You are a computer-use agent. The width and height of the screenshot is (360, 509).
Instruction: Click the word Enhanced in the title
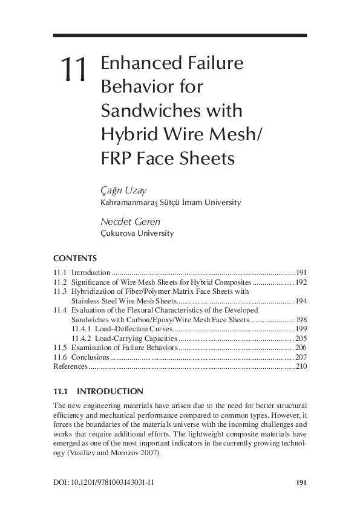[x=139, y=63]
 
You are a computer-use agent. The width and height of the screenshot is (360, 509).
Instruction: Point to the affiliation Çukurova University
[x=136, y=233]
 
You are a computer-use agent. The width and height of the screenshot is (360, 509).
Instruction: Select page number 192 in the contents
[x=301, y=282]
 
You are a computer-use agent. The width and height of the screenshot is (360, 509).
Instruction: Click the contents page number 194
[x=301, y=300]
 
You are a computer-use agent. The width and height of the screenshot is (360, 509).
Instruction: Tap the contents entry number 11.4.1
[x=81, y=329]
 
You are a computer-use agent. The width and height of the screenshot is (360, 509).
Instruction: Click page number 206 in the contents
[x=301, y=348]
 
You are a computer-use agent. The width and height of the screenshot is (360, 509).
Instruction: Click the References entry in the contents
[x=71, y=366]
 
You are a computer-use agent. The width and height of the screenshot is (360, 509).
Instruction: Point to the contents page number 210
[x=301, y=366]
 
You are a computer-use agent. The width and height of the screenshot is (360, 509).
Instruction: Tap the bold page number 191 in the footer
[x=301, y=482]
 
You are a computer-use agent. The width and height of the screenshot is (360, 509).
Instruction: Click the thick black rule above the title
[x=180, y=36]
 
